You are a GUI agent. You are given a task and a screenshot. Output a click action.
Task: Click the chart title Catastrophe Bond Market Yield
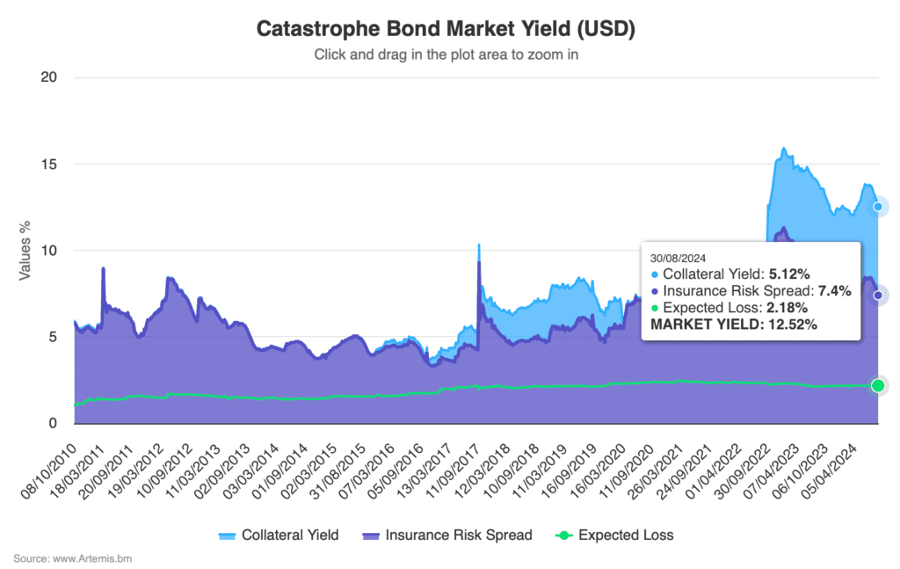tap(446, 29)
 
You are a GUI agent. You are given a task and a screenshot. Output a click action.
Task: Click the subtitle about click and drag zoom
tap(446, 55)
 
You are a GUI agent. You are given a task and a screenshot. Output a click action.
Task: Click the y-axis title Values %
tap(26, 251)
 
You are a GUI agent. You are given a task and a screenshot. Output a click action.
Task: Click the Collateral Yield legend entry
tap(279, 535)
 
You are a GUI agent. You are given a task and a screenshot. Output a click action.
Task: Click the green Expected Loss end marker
tap(878, 385)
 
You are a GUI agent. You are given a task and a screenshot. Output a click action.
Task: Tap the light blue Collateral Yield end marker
tap(878, 207)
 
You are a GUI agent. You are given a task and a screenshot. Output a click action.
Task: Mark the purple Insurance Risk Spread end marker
tap(878, 295)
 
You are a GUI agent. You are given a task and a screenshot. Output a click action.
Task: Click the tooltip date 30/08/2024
tap(678, 259)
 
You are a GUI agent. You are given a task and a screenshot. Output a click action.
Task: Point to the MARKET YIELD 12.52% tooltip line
tap(733, 325)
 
